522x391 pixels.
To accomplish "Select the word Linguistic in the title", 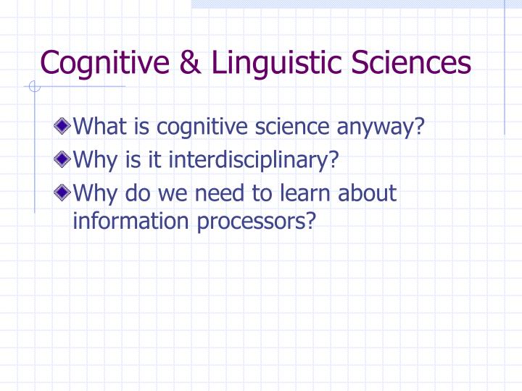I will (272, 62).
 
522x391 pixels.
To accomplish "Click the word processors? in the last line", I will (257, 221).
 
